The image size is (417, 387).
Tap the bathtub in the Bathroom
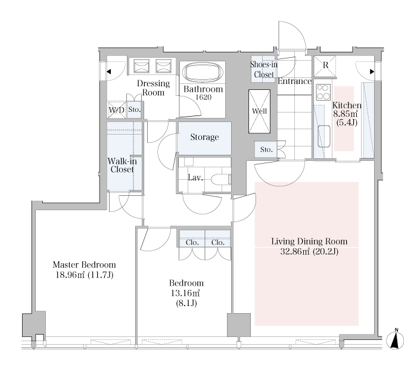point(203,73)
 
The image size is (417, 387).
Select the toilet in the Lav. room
point(221,180)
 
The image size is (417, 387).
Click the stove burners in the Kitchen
point(323,92)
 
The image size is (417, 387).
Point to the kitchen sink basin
point(324,136)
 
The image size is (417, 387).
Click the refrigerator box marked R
point(325,67)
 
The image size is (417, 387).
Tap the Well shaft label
point(259,111)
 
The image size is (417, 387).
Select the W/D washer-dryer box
point(117,110)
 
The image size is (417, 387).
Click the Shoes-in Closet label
point(263,70)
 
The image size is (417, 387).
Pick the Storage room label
point(204,137)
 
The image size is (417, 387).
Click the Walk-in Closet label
point(122,166)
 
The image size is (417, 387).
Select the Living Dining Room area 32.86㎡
point(295,251)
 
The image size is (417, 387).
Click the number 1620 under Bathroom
point(204,97)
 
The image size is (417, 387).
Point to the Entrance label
point(294,81)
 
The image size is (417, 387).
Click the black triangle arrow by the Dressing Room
point(109,71)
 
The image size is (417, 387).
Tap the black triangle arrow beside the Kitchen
point(372,71)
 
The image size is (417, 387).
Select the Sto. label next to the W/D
point(134,110)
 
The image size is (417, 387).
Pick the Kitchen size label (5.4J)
point(347,123)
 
